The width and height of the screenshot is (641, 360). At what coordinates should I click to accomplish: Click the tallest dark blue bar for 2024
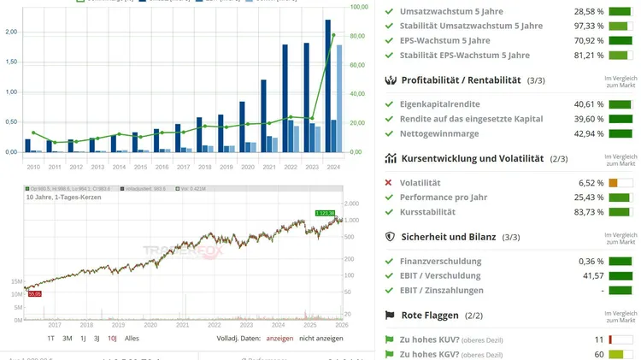329,86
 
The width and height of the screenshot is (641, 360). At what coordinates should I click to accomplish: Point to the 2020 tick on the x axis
248,167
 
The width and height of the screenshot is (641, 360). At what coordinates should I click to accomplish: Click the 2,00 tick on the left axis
12,32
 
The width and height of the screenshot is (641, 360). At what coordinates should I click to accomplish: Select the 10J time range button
111,338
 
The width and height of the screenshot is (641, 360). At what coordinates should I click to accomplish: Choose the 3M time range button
67,338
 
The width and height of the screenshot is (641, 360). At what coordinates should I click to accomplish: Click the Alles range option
132,338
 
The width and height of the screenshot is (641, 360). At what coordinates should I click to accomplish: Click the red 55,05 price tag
35,293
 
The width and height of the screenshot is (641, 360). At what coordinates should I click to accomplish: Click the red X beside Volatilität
389,183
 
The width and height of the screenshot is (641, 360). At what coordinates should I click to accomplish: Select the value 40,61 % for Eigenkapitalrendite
587,104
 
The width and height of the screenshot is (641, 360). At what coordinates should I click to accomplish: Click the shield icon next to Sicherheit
390,237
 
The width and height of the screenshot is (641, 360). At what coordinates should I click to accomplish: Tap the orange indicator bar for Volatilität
614,183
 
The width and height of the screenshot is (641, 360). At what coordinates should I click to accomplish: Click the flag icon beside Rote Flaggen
390,316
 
